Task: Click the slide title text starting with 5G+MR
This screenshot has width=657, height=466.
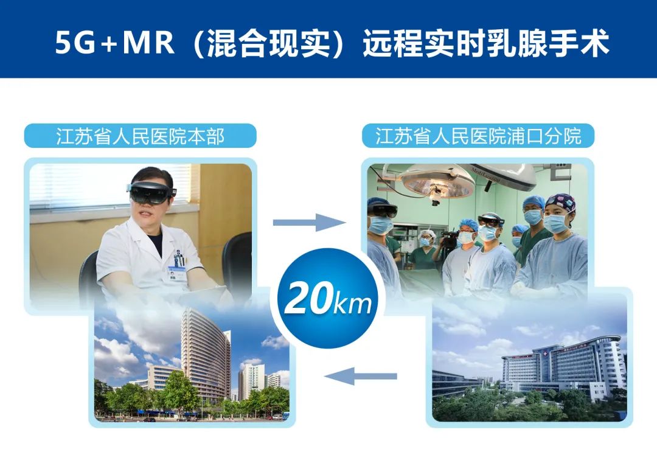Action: coord(332,44)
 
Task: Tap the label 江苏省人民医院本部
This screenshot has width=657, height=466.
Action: coord(140,136)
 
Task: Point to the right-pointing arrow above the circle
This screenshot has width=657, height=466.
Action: coord(309,222)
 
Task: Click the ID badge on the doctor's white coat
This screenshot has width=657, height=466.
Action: coord(177,263)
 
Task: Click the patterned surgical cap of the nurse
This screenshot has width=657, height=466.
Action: coord(560,203)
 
